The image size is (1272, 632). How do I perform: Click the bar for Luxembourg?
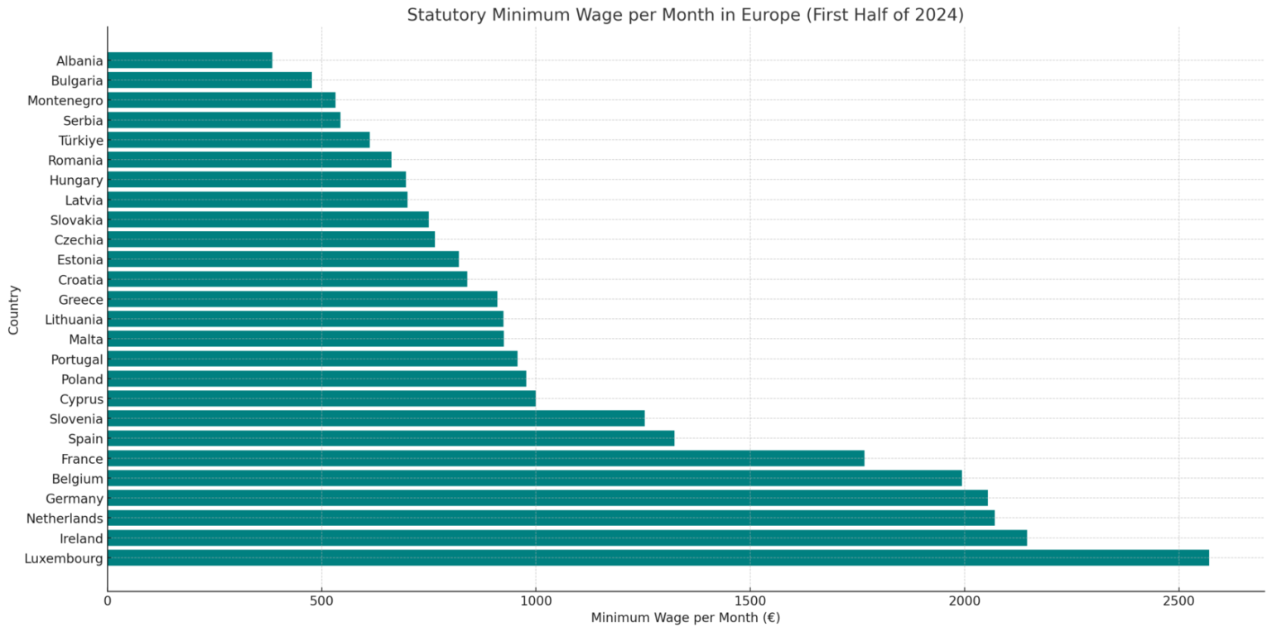658,558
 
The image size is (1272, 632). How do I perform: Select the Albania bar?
190,60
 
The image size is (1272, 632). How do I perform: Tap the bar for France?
485,459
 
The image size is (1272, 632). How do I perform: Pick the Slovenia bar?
376,419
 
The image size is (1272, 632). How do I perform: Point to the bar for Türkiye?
238,140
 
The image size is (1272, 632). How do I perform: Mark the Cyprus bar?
321,399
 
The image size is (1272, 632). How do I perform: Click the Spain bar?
391,439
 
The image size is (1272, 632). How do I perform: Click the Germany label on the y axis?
75,499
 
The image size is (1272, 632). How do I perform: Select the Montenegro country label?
65,100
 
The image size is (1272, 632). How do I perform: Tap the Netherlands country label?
65,519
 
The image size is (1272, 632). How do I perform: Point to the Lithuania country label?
74,320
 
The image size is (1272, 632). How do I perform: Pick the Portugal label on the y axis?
77,359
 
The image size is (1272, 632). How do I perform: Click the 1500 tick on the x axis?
749,599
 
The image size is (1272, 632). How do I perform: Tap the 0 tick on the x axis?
108,599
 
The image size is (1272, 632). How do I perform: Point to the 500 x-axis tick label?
321,599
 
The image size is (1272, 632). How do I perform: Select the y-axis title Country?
14,310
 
